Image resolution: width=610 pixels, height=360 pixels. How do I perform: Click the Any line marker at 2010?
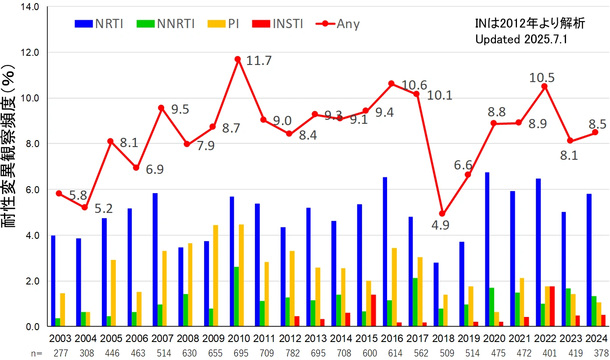click(x=238, y=59)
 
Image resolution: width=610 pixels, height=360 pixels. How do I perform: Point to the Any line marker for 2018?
click(x=442, y=214)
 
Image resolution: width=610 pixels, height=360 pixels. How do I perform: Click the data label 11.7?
click(x=258, y=61)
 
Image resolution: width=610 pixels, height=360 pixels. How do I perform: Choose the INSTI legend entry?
click(x=278, y=24)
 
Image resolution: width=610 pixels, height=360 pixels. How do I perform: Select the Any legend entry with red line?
click(x=337, y=24)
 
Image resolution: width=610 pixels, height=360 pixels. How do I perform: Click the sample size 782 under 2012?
click(x=289, y=353)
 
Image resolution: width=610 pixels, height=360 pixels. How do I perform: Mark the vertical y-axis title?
click(x=11, y=145)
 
